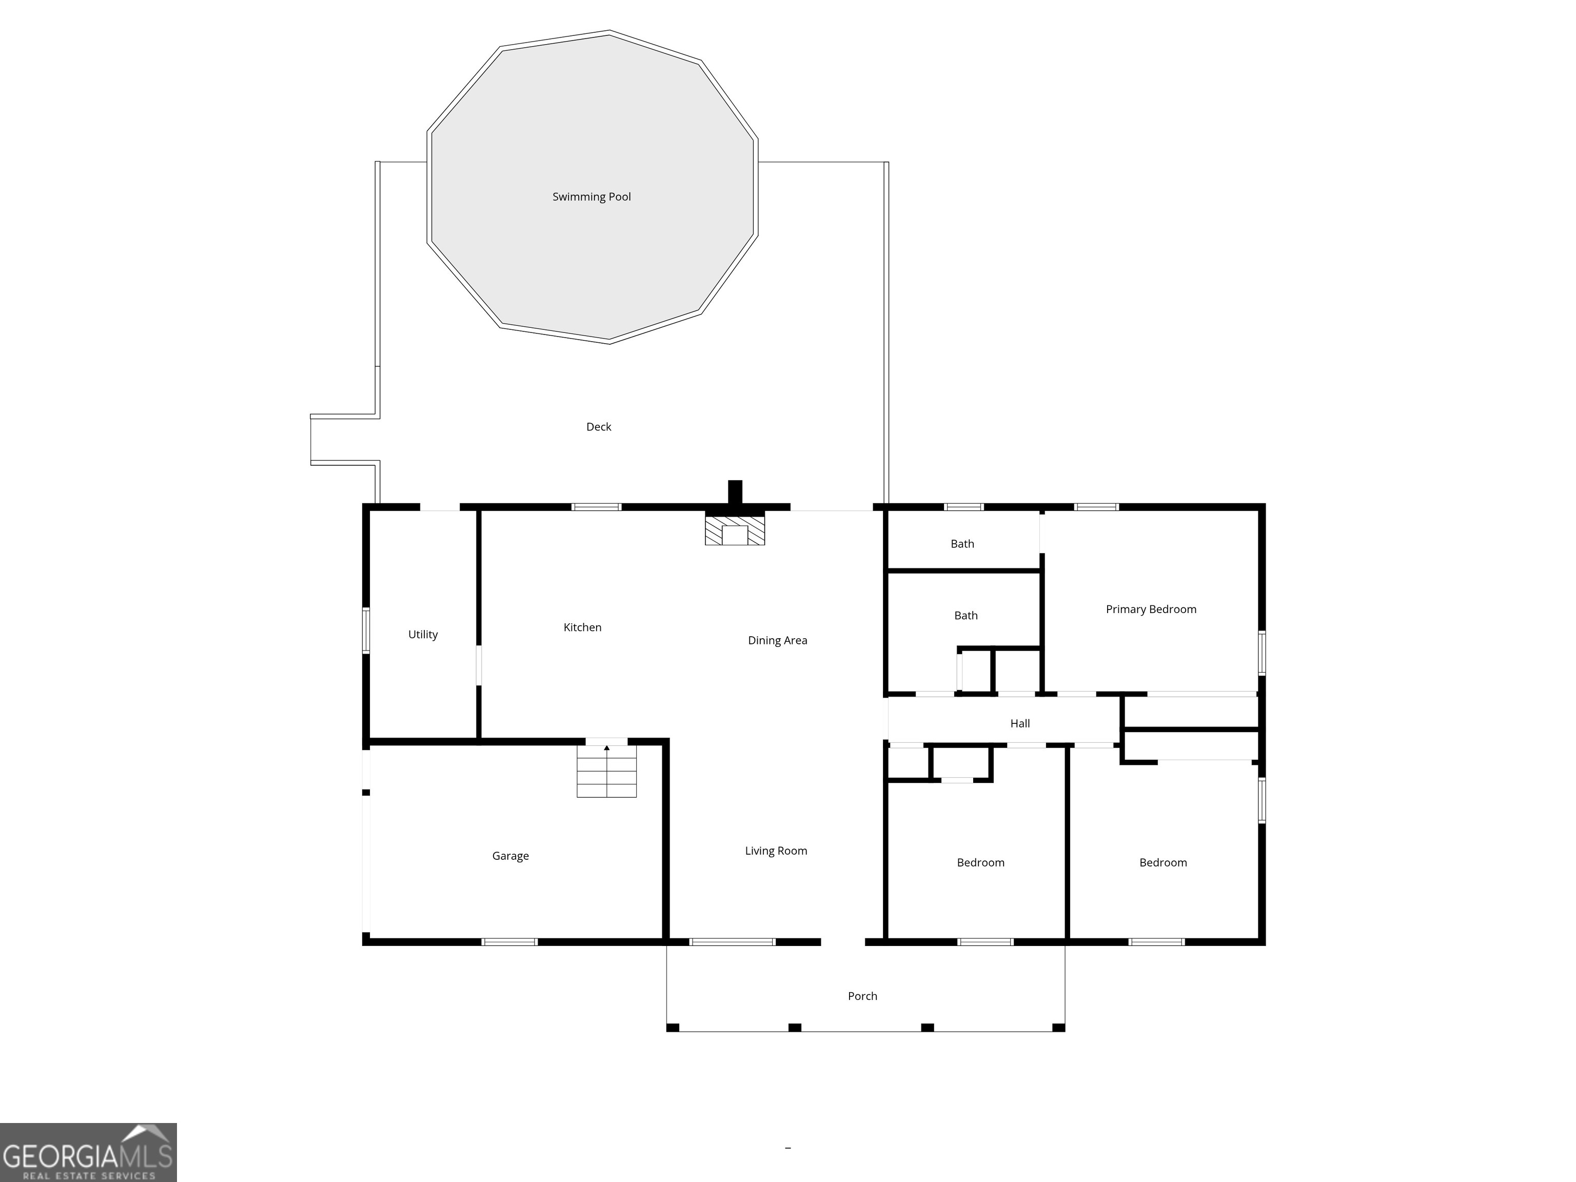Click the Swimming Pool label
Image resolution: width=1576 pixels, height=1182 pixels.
click(x=592, y=196)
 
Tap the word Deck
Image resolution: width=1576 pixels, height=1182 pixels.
click(x=599, y=427)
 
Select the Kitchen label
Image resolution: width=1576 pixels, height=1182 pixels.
click(x=582, y=627)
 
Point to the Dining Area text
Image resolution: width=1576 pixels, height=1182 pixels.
click(x=777, y=641)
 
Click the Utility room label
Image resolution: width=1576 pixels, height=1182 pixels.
click(x=423, y=634)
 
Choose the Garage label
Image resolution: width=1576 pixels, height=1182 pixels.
click(x=510, y=856)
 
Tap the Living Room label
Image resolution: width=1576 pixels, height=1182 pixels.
click(x=776, y=851)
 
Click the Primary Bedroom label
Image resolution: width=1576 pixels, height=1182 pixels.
click(x=1151, y=609)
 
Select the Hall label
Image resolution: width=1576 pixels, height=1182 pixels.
click(x=1019, y=723)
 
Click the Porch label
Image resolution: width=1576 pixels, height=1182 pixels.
click(x=862, y=996)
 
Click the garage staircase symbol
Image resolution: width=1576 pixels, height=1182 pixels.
click(x=606, y=771)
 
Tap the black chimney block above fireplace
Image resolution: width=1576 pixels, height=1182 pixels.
click(x=735, y=493)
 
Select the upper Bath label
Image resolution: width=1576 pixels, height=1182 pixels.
click(x=962, y=544)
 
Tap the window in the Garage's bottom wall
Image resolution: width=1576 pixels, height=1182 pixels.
click(x=509, y=942)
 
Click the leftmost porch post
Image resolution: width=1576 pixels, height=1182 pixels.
click(x=673, y=1028)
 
